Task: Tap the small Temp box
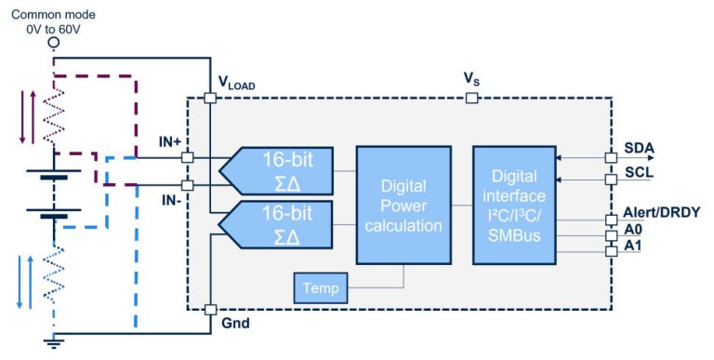(x=319, y=289)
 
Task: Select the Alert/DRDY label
(x=662, y=212)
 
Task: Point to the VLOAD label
(x=236, y=83)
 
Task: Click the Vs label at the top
(x=472, y=79)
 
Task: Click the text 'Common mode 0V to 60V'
(x=53, y=23)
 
